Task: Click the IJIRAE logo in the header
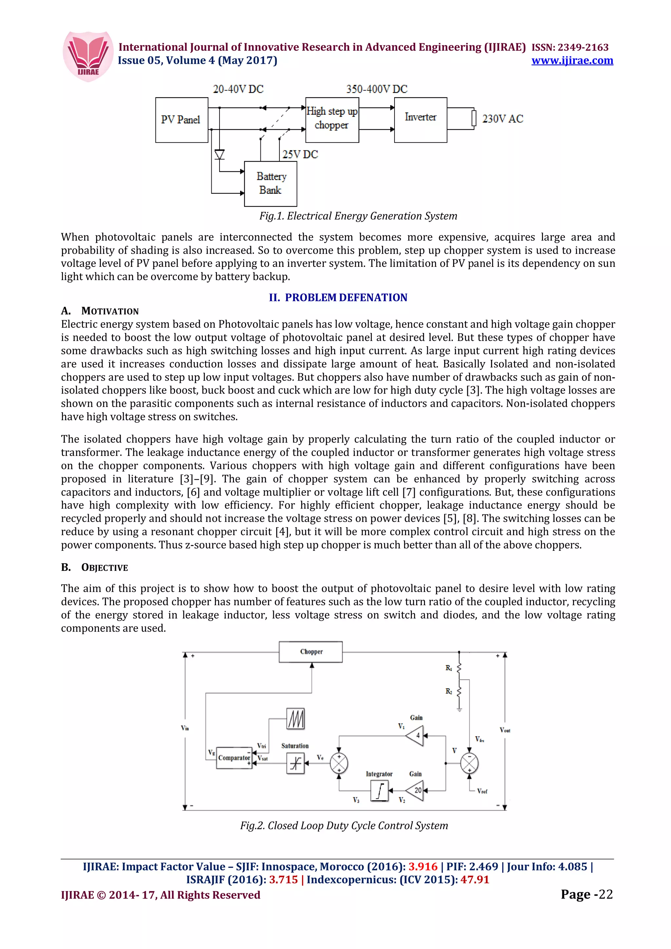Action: pos(88,57)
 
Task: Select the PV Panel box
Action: pos(182,120)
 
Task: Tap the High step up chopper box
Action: pos(332,120)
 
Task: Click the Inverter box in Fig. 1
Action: pos(420,120)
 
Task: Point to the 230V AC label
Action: pos(502,119)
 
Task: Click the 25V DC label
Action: pos(300,155)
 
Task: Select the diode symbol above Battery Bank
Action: pos(220,155)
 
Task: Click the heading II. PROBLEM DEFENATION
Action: pos(338,298)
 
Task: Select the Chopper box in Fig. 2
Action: pos(311,652)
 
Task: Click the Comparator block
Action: pos(234,758)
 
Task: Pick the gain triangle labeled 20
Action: pos(415,790)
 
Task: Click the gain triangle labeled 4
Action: pos(415,736)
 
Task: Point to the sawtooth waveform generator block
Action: pos(295,719)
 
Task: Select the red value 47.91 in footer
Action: pos(475,880)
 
